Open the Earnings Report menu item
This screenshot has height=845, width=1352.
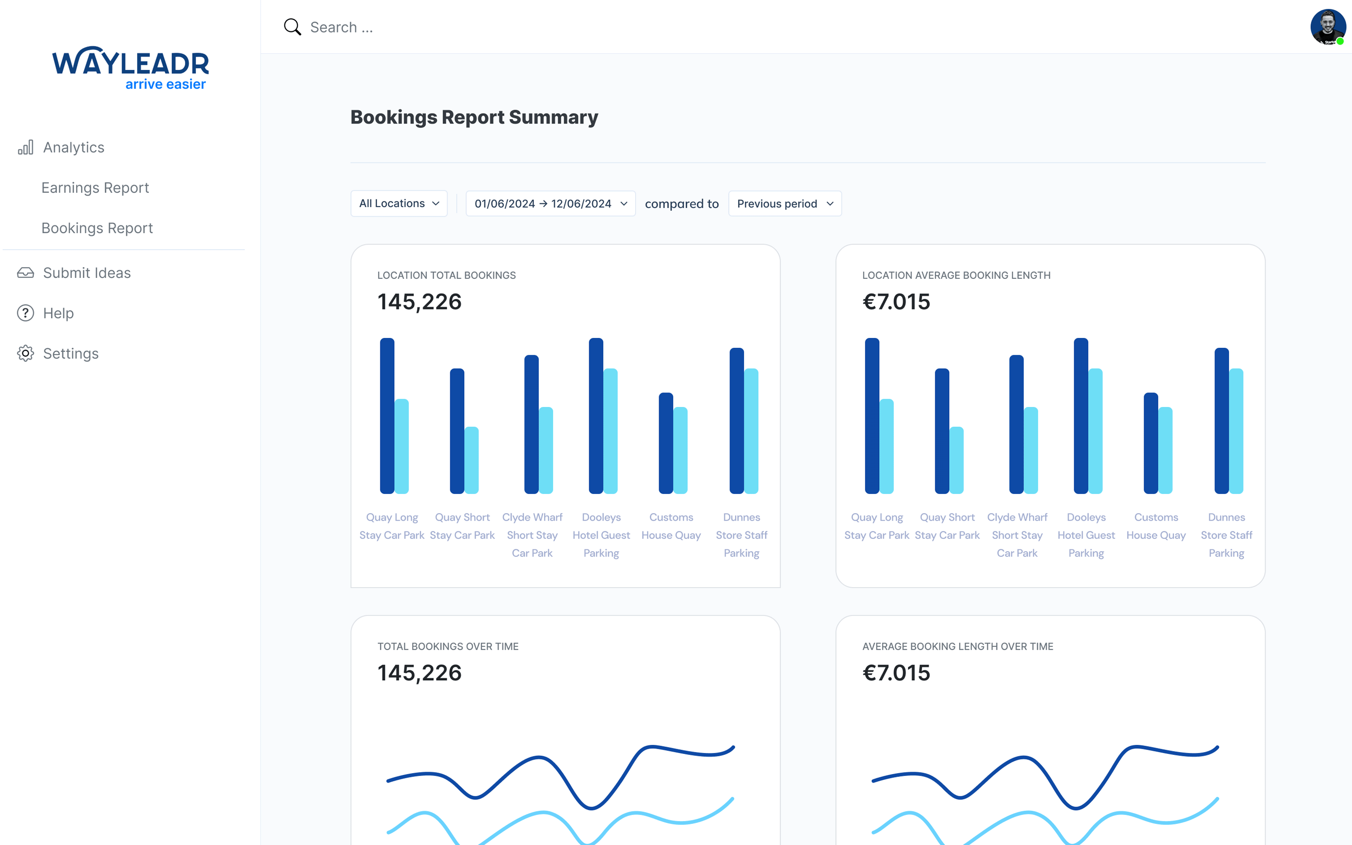(95, 188)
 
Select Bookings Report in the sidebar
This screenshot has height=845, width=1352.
(97, 228)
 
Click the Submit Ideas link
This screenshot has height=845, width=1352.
(86, 273)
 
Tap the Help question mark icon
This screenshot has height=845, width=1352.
(25, 313)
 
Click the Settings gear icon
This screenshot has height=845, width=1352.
(25, 353)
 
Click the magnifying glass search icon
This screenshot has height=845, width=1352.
(292, 27)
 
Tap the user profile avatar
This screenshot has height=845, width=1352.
(1328, 26)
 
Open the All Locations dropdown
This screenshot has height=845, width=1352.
(399, 203)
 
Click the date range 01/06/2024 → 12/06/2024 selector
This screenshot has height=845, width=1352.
(550, 203)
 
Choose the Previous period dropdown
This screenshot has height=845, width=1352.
(784, 203)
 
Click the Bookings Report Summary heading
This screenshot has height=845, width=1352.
(474, 117)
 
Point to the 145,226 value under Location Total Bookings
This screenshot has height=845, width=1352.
(419, 302)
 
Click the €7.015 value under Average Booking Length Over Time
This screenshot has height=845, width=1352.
(896, 673)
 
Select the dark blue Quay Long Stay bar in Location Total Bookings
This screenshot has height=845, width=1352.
(387, 416)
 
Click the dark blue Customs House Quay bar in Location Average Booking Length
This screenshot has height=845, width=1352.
(1150, 443)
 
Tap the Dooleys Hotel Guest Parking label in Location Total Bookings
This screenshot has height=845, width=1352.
(601, 535)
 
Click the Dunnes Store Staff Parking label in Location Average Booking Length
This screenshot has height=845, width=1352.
(1226, 535)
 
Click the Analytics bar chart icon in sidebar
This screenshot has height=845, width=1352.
(25, 147)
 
